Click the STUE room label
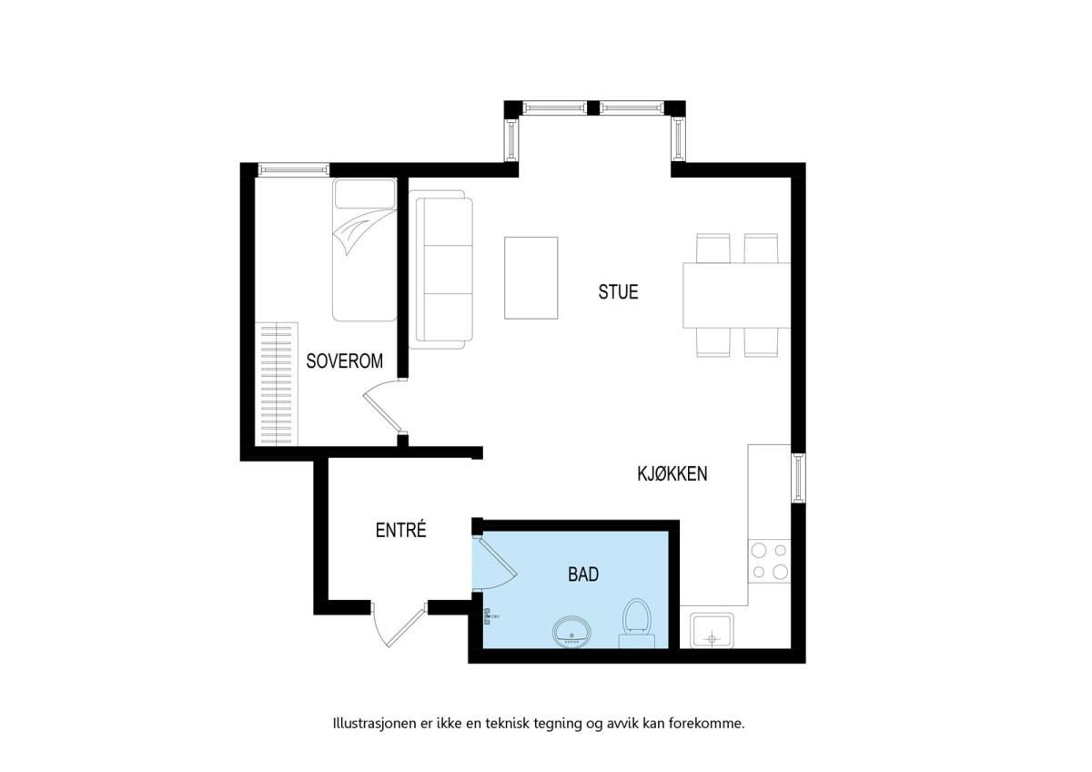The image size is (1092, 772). [618, 291]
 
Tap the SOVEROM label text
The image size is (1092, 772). [344, 361]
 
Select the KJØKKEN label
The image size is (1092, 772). [672, 473]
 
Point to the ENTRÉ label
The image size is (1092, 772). [400, 530]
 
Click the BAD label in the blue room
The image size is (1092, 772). [583, 574]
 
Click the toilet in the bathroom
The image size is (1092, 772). [637, 624]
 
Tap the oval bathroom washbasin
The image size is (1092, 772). [571, 632]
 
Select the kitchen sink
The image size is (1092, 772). [712, 631]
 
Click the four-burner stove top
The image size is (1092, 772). [769, 561]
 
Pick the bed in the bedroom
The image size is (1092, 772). [365, 249]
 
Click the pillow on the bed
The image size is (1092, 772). [365, 194]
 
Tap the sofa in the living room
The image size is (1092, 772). [441, 269]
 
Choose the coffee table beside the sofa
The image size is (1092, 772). [531, 278]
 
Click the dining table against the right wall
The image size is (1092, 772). [736, 295]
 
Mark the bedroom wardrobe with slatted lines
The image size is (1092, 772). [277, 384]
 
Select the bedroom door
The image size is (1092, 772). [384, 406]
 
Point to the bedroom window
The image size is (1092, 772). [293, 169]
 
